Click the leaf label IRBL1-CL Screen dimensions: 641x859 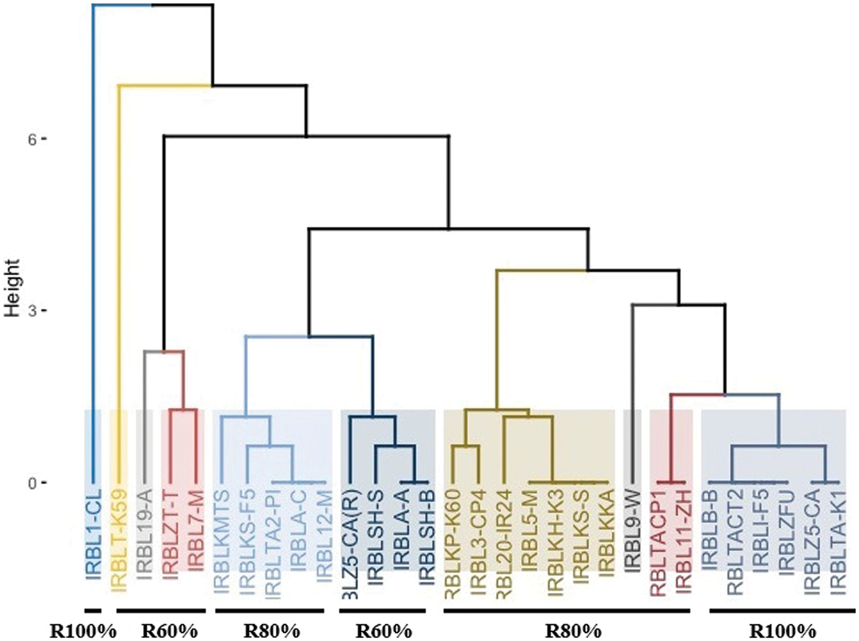point(93,535)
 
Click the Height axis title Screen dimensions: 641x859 point(12,288)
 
